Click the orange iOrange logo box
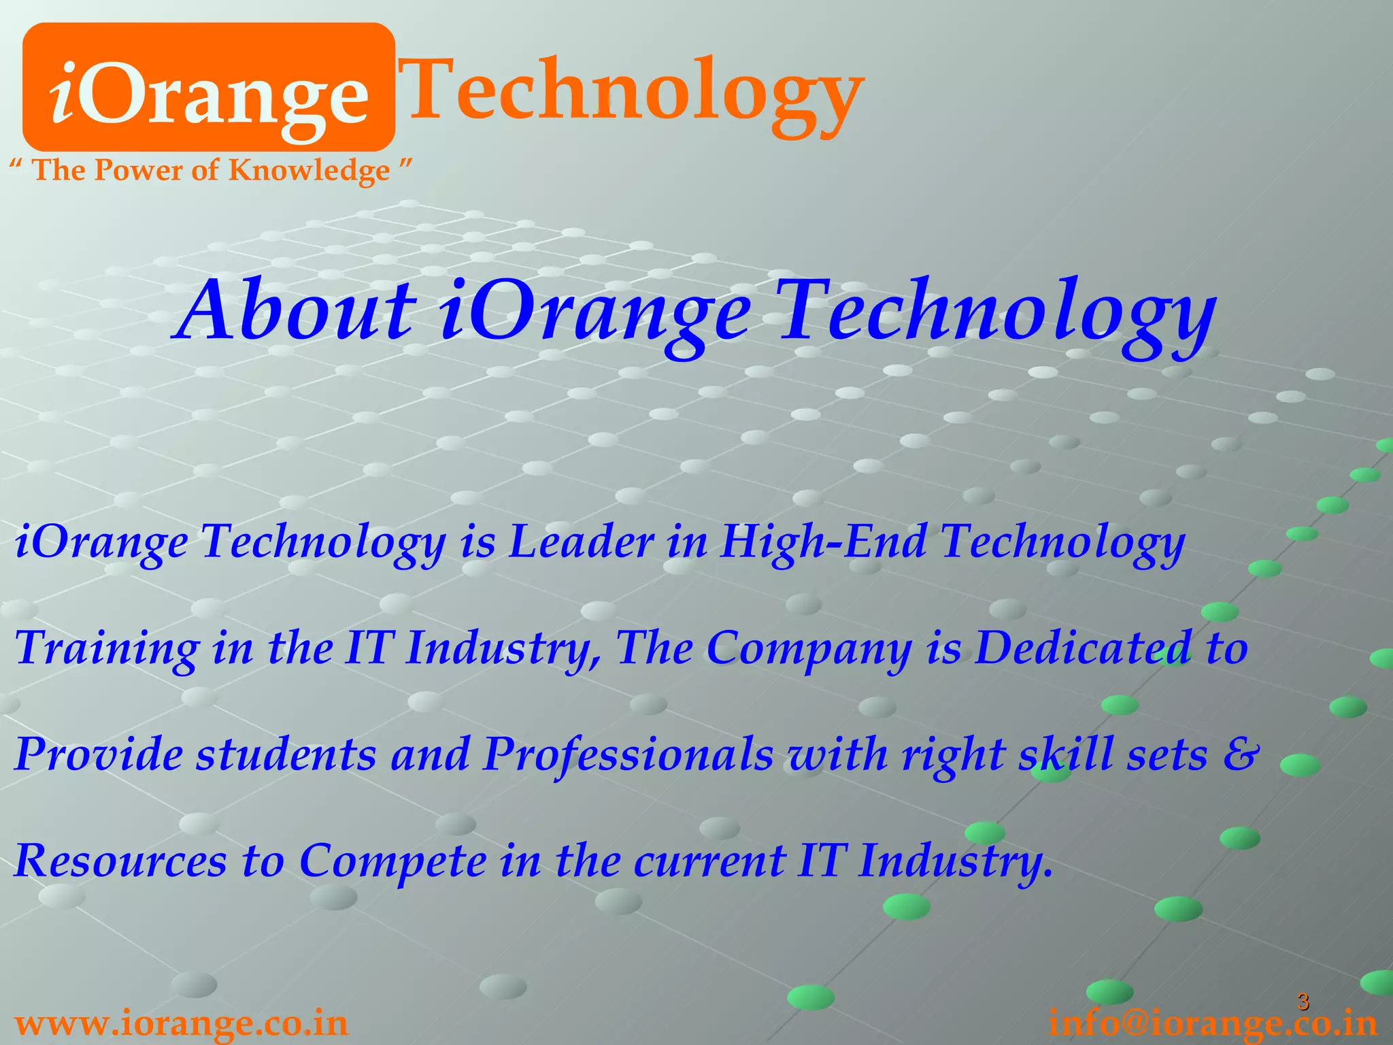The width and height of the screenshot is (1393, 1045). click(209, 87)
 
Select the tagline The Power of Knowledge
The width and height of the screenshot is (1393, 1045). click(211, 170)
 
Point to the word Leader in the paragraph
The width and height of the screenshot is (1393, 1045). click(582, 542)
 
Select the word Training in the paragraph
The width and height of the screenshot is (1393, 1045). click(106, 648)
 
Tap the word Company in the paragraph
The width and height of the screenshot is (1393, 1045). click(809, 648)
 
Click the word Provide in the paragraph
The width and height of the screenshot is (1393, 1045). click(98, 754)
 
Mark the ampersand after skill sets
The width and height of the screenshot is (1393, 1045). click(1241, 754)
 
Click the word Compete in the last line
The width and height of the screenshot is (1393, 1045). click(392, 861)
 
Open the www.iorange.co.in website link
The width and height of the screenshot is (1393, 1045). click(181, 1023)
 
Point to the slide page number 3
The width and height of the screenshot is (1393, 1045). click(1303, 1001)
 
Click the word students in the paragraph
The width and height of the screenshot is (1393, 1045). click(286, 754)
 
